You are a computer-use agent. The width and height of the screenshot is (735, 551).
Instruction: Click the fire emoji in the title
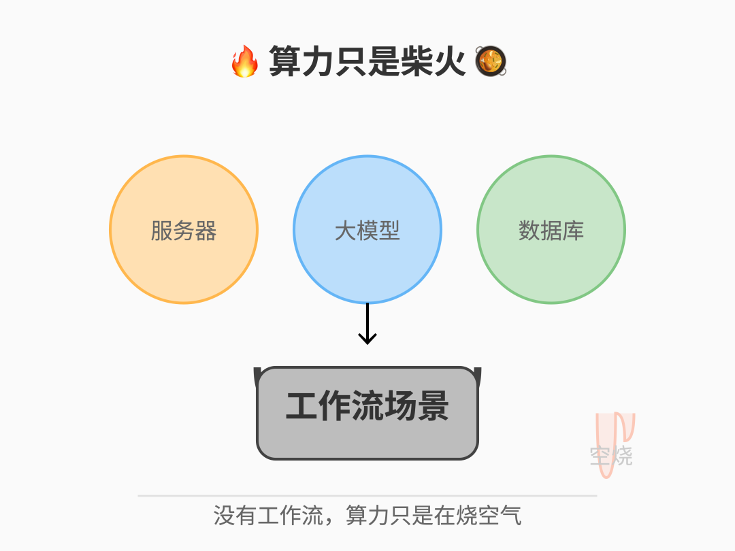click(x=245, y=62)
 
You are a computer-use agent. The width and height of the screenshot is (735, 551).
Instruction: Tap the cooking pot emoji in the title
click(x=490, y=62)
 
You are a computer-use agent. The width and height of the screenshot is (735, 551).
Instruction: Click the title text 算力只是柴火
click(x=367, y=62)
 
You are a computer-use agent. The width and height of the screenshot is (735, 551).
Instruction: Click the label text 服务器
click(x=184, y=231)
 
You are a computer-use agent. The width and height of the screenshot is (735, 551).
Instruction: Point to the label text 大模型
click(x=367, y=231)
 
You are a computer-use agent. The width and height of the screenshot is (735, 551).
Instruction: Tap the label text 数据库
click(x=551, y=231)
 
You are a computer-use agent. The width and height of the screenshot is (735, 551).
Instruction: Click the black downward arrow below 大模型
click(x=367, y=324)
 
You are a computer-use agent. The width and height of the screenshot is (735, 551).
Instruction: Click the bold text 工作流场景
click(x=367, y=407)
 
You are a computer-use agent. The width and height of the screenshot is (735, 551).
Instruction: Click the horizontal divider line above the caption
click(x=367, y=496)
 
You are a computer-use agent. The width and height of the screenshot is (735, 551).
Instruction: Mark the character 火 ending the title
click(x=449, y=62)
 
